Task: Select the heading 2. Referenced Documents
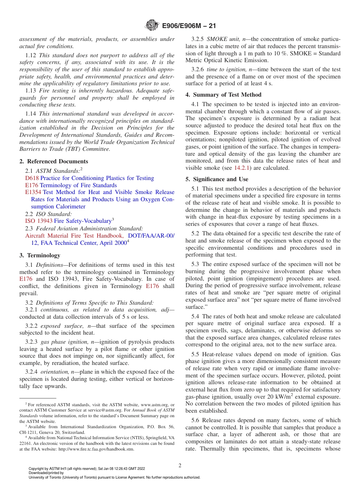(x=54, y=161)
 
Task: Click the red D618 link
(x=32, y=178)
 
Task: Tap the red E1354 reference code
(x=33, y=192)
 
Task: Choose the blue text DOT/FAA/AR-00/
(x=151, y=236)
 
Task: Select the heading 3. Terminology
(x=39, y=255)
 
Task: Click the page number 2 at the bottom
(x=180, y=466)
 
